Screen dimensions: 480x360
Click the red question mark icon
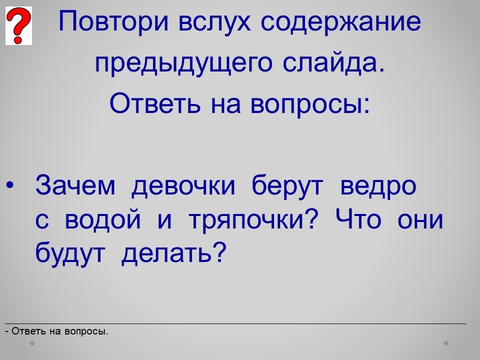(x=18, y=25)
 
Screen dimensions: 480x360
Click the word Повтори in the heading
(x=113, y=21)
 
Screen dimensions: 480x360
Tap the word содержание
(x=341, y=22)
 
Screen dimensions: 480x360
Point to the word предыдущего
(x=183, y=63)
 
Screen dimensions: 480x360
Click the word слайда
(x=333, y=63)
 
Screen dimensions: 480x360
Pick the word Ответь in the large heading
(x=155, y=103)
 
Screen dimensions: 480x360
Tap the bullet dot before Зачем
(x=10, y=185)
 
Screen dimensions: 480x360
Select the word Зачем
(x=75, y=185)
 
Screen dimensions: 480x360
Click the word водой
(x=103, y=220)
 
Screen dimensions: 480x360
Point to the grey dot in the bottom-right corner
(x=446, y=343)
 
